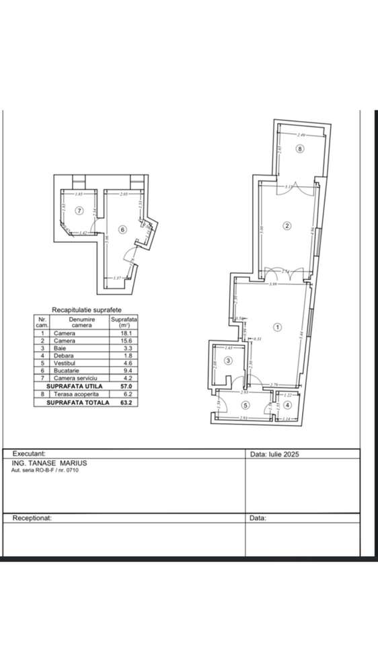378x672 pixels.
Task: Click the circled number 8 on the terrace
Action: click(x=300, y=149)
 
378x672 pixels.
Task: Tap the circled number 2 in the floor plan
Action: click(x=287, y=225)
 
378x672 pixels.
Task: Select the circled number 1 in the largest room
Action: click(x=278, y=328)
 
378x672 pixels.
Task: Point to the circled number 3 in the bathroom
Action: click(x=228, y=361)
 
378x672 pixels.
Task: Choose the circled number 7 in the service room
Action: click(x=79, y=211)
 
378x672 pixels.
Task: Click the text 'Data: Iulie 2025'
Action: click(x=274, y=454)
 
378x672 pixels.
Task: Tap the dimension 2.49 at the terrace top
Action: click(x=301, y=135)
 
